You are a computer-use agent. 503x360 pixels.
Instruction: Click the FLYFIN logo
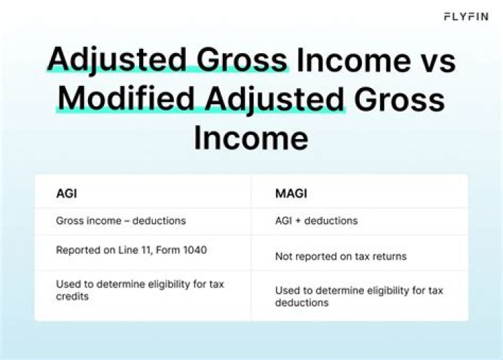tap(466, 16)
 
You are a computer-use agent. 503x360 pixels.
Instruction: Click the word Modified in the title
tap(126, 99)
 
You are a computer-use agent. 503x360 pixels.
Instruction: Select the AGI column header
tap(66, 194)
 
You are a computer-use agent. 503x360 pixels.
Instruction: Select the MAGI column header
tap(291, 194)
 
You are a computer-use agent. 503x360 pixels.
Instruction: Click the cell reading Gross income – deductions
tap(121, 221)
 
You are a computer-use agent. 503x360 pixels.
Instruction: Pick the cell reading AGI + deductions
tap(316, 221)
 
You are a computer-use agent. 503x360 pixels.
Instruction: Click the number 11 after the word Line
tap(147, 250)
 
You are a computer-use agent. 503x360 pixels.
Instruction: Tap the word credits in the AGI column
tap(72, 296)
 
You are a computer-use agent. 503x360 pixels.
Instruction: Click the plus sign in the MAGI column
tap(298, 221)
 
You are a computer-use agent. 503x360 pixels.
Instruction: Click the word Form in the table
tap(168, 250)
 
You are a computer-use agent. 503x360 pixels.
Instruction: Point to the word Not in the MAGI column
tap(284, 257)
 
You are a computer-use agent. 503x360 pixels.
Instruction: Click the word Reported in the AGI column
tap(78, 250)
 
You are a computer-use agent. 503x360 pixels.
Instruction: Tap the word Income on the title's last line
tap(251, 138)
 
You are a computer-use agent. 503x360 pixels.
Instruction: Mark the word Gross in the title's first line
tap(242, 60)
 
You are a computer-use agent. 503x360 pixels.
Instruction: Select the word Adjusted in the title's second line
tap(275, 99)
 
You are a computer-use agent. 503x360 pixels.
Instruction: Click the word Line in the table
tap(129, 250)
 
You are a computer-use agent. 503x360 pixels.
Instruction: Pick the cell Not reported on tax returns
tap(341, 257)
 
